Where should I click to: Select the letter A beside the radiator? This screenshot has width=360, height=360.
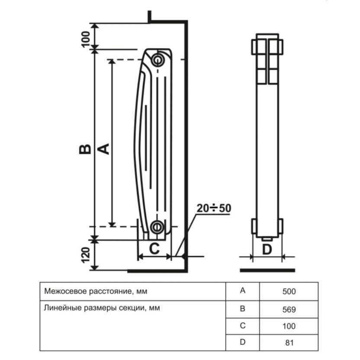coord(103,148)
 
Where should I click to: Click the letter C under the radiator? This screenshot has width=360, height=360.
coord(154,248)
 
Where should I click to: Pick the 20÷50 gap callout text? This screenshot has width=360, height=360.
coord(213,209)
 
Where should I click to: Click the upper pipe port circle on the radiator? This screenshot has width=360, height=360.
coord(158,59)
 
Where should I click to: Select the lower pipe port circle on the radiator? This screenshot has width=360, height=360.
coord(157,226)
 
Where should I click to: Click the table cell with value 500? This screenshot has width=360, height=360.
coord(289,292)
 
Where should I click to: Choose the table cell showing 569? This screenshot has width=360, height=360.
coord(289,309)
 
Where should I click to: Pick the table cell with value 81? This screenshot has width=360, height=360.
coord(289,343)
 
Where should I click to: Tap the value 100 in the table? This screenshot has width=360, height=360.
coord(289,326)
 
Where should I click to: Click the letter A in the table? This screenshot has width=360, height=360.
coord(242,291)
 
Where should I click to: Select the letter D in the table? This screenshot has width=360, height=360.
coord(242,343)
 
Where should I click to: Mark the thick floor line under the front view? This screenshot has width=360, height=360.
coord(267,270)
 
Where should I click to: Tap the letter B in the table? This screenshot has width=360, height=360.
coord(242,309)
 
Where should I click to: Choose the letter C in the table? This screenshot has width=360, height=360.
coord(242,326)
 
